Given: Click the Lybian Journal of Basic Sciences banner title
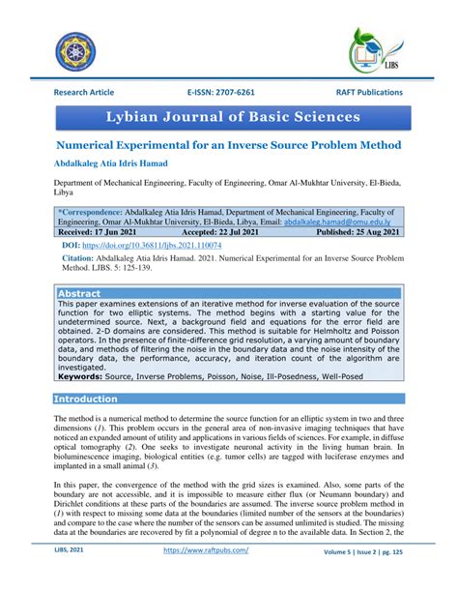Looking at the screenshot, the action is pos(228,117).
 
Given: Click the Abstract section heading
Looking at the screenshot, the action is pos(79,292).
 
